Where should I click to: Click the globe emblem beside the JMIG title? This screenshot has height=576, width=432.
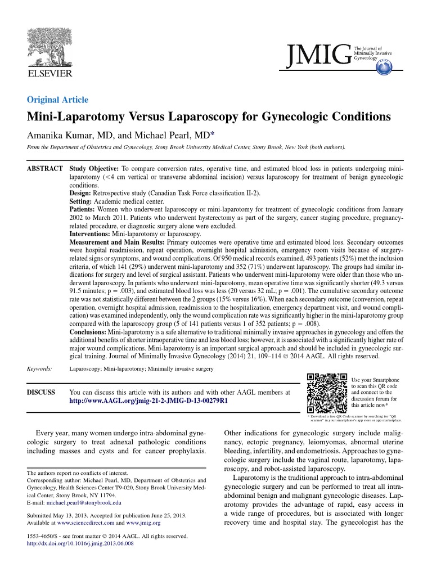pyautogui.click(x=384, y=67)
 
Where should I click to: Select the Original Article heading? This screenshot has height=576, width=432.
pyautogui.click(x=57, y=100)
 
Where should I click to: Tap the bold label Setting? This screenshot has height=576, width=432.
pyautogui.click(x=83, y=201)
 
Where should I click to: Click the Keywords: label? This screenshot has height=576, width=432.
pyautogui.click(x=40, y=369)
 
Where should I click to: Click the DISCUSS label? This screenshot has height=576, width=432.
pyautogui.click(x=42, y=392)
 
